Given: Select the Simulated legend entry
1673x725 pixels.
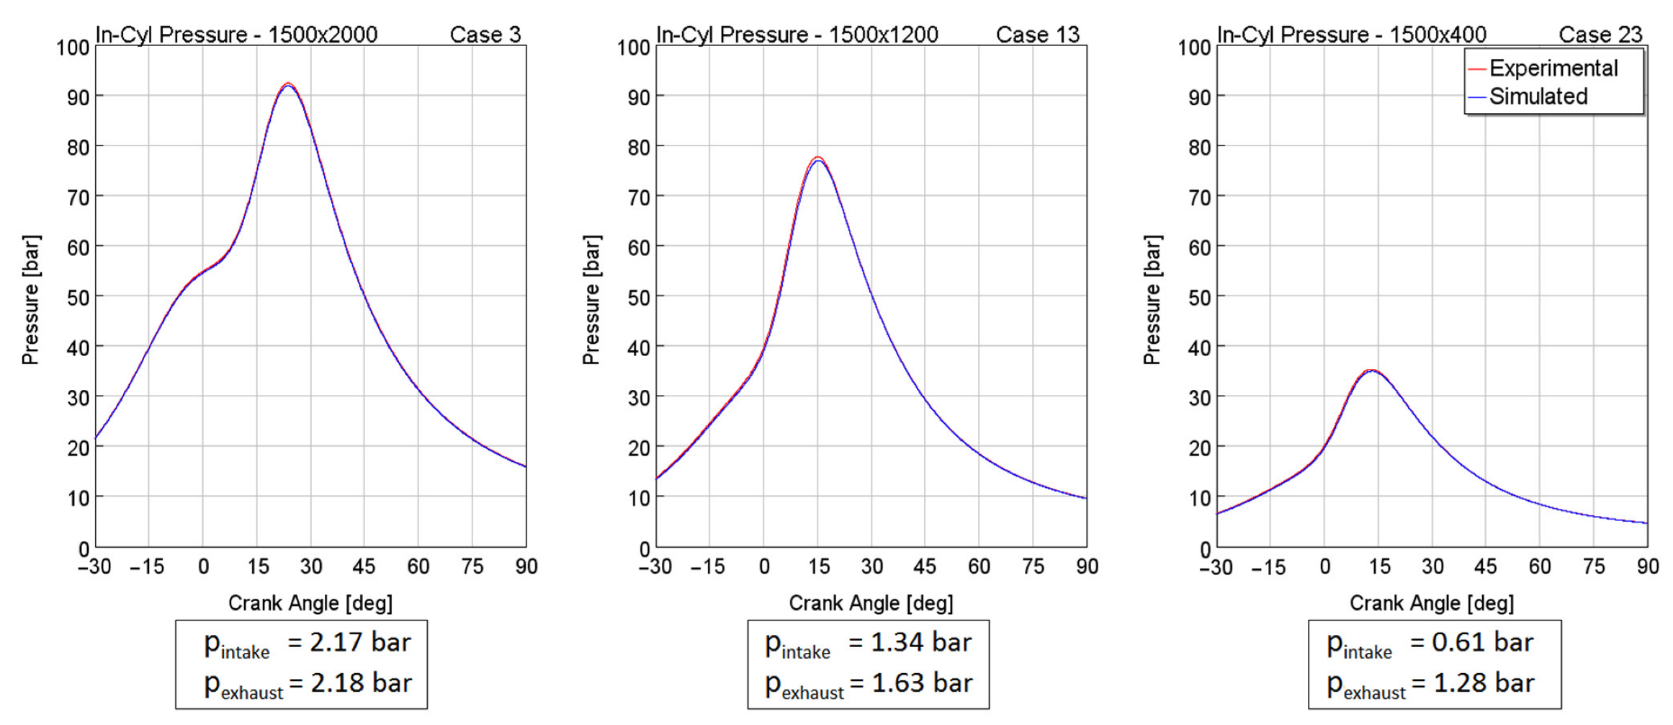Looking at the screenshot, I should [x=1538, y=97].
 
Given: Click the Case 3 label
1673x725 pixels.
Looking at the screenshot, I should [x=485, y=34].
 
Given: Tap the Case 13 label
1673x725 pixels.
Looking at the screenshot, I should [x=1037, y=34].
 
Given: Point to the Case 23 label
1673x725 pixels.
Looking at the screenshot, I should [x=1600, y=34].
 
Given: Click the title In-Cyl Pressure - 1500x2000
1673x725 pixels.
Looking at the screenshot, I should [x=236, y=34].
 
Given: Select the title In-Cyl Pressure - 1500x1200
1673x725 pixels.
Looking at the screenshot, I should [x=797, y=34].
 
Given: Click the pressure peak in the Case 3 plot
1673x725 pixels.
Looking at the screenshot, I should [x=288, y=84].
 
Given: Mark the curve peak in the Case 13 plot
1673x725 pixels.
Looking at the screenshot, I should [x=817, y=159].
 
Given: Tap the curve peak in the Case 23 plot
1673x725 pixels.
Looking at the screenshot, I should [x=1371, y=370].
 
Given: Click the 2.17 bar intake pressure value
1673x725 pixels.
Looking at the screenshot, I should [x=360, y=642].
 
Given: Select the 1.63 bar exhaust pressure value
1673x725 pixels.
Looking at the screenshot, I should [x=922, y=682].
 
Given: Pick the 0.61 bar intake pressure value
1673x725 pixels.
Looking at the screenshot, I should [x=1482, y=642].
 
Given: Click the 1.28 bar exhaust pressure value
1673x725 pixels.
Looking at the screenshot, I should [x=1484, y=682].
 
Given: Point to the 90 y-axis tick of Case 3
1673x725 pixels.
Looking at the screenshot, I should [x=78, y=97].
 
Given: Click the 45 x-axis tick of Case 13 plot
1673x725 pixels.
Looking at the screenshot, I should [x=925, y=566].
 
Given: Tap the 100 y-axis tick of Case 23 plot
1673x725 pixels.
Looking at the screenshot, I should [x=1194, y=48].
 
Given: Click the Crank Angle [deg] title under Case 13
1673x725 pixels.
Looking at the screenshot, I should [x=871, y=602].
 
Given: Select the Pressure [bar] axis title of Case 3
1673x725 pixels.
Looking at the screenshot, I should [x=31, y=299].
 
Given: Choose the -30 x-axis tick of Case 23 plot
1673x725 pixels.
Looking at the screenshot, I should [x=1216, y=567].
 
